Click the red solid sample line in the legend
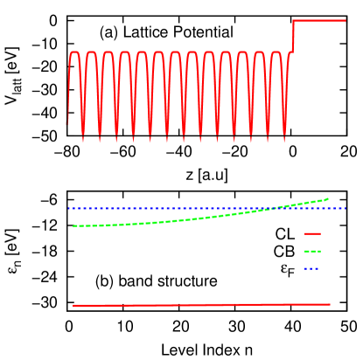(312, 233)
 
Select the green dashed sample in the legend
(312, 251)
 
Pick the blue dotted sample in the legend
(312, 268)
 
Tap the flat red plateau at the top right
(319, 20)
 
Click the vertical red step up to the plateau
(293, 35)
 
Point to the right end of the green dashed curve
(328, 198)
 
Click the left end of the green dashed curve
(73, 225)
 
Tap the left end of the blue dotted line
(68, 208)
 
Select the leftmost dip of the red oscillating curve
(83, 140)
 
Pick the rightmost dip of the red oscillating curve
(283, 140)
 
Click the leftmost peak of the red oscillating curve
(74, 52)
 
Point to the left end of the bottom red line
(73, 306)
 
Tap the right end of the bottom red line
(330, 304)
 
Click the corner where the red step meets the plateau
(293, 20)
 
